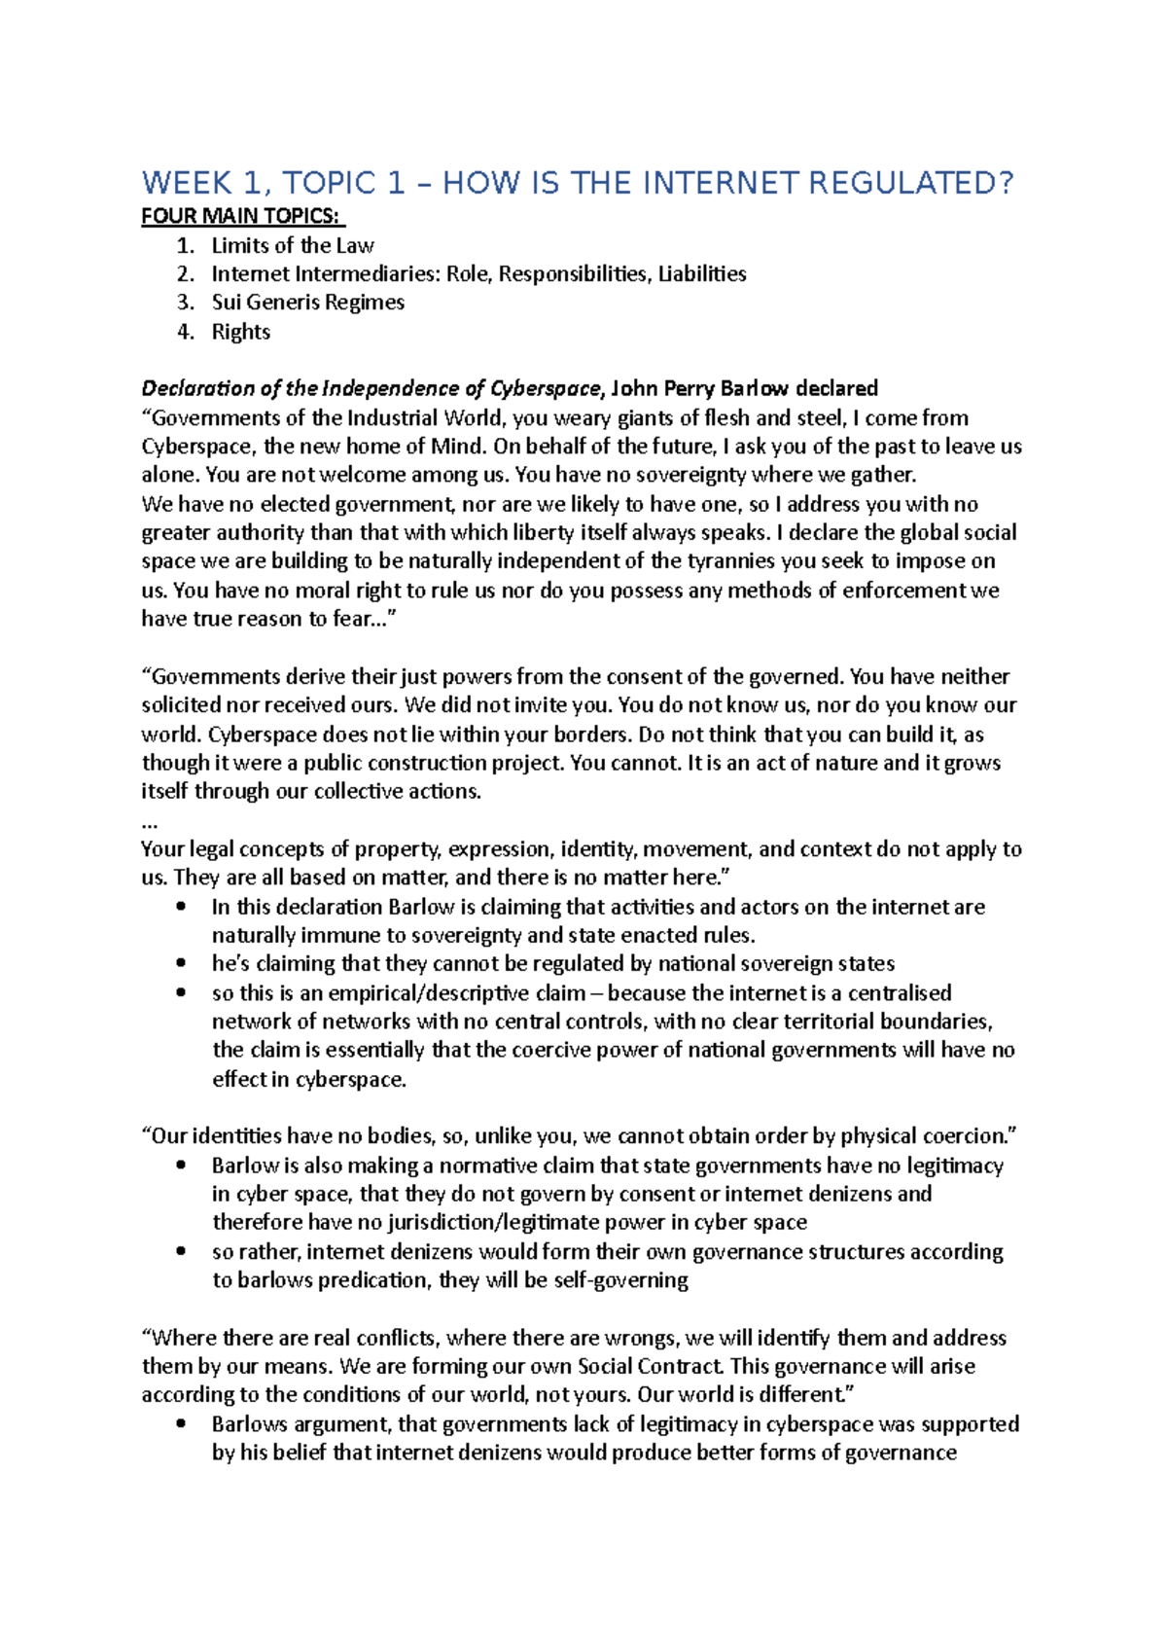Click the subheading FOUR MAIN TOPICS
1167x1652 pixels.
(242, 216)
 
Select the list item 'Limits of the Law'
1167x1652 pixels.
(292, 245)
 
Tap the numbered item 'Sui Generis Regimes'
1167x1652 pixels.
(307, 303)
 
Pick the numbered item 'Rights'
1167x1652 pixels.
(241, 332)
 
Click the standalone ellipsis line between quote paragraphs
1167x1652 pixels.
(150, 821)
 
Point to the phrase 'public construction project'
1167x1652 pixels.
(442, 763)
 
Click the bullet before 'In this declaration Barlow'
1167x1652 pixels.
(181, 907)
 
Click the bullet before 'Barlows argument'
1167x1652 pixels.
(181, 1424)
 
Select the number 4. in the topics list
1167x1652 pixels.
(185, 332)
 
